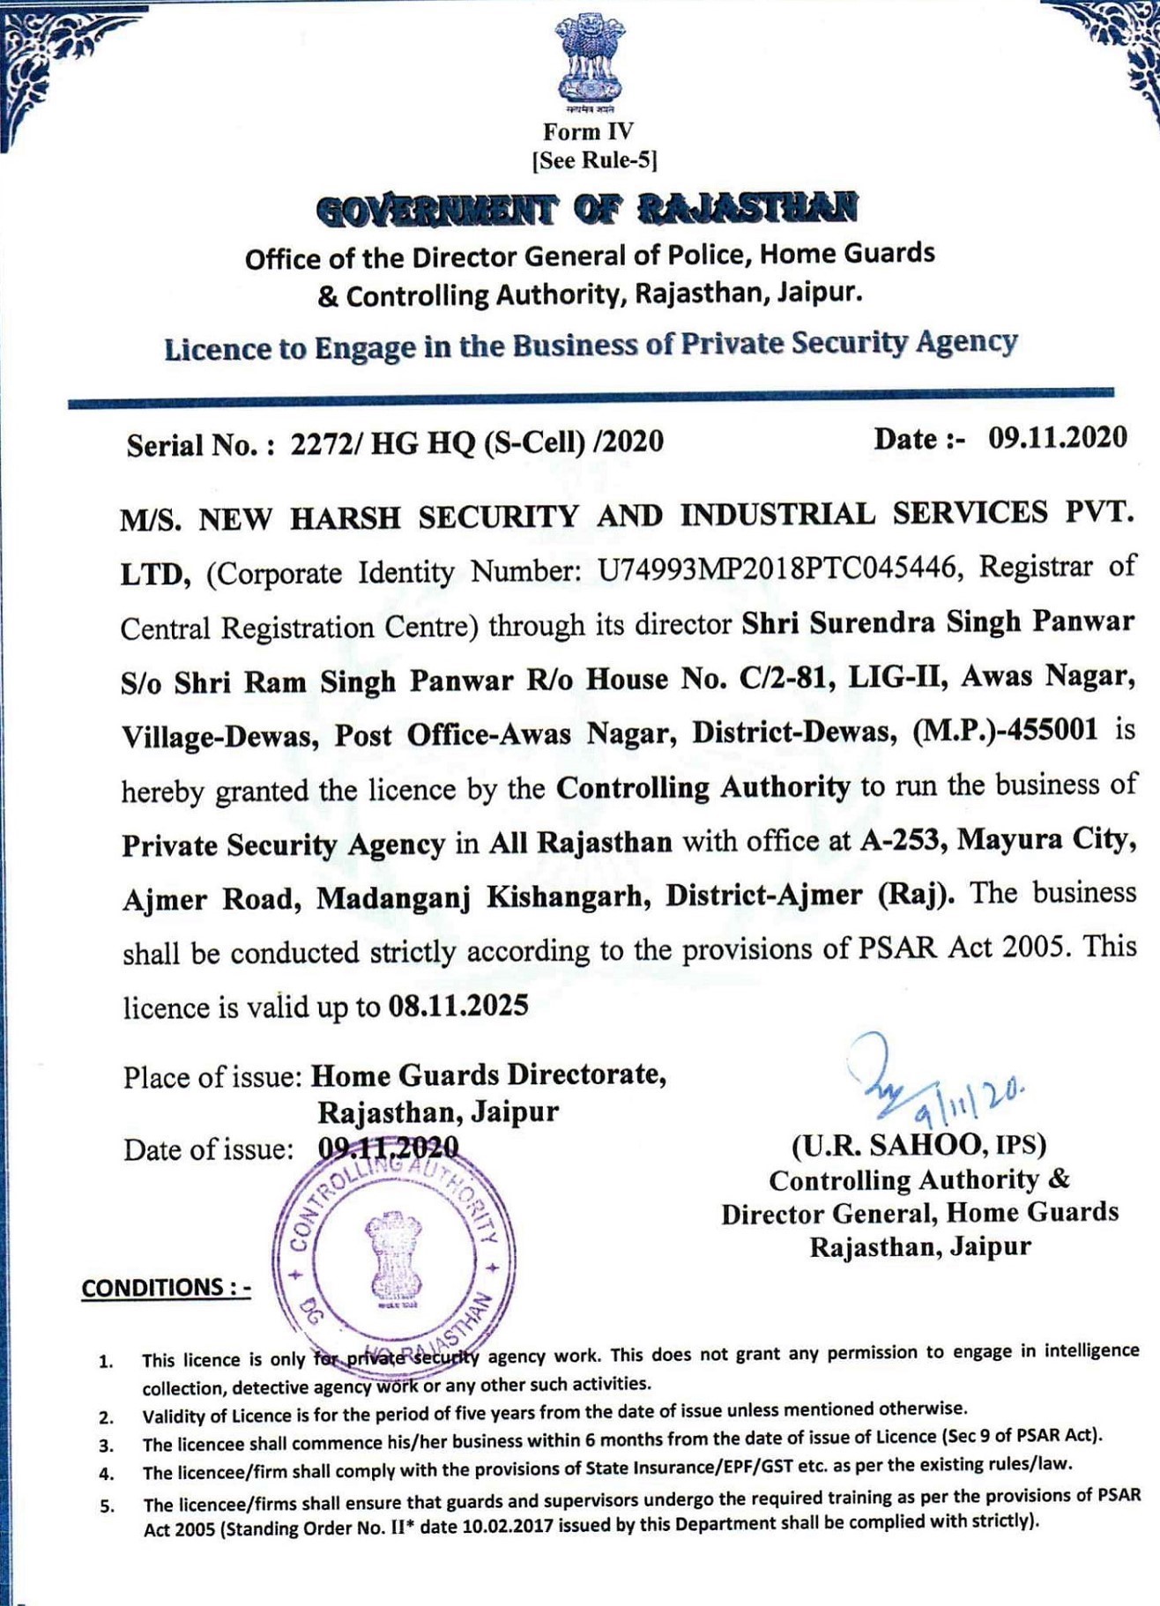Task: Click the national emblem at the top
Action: click(x=589, y=60)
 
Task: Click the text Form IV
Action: click(x=588, y=132)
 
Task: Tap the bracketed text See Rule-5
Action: click(x=594, y=160)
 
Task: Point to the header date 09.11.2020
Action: click(x=1057, y=437)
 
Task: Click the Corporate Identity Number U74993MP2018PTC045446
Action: click(x=777, y=569)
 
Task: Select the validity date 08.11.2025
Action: click(x=458, y=1006)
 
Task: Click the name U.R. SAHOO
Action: click(x=892, y=1145)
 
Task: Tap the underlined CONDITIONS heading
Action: click(x=166, y=1288)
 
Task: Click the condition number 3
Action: click(x=106, y=1446)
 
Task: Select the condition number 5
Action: click(x=107, y=1506)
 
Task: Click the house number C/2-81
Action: click(x=787, y=678)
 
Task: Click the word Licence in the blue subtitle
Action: click(x=216, y=350)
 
